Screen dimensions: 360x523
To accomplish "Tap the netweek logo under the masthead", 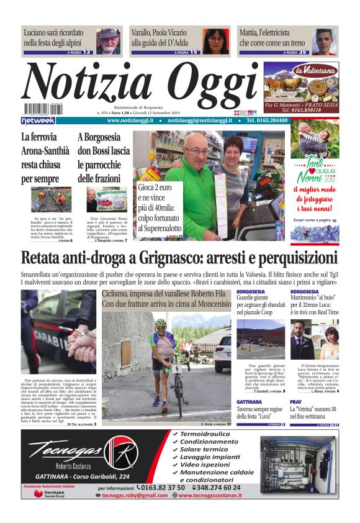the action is click(x=38, y=121).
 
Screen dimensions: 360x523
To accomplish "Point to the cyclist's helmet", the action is click(x=161, y=323).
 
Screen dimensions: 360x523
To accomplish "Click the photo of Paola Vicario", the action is click(x=215, y=42).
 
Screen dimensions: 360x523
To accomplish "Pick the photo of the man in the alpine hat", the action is click(x=108, y=42).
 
